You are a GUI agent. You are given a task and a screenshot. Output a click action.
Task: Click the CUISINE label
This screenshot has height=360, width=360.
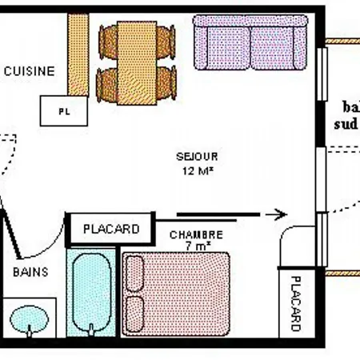tap(30, 71)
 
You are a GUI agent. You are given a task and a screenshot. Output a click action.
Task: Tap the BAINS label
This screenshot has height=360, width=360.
tap(30, 272)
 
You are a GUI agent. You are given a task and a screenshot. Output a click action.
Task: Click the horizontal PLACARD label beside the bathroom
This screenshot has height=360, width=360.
tap(110, 229)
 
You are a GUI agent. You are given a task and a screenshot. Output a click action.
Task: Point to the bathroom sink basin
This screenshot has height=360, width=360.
tap(31, 321)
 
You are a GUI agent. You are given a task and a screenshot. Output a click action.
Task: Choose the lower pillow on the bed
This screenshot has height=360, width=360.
tap(134, 314)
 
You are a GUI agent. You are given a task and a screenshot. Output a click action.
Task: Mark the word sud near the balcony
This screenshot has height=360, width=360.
tap(344, 124)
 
